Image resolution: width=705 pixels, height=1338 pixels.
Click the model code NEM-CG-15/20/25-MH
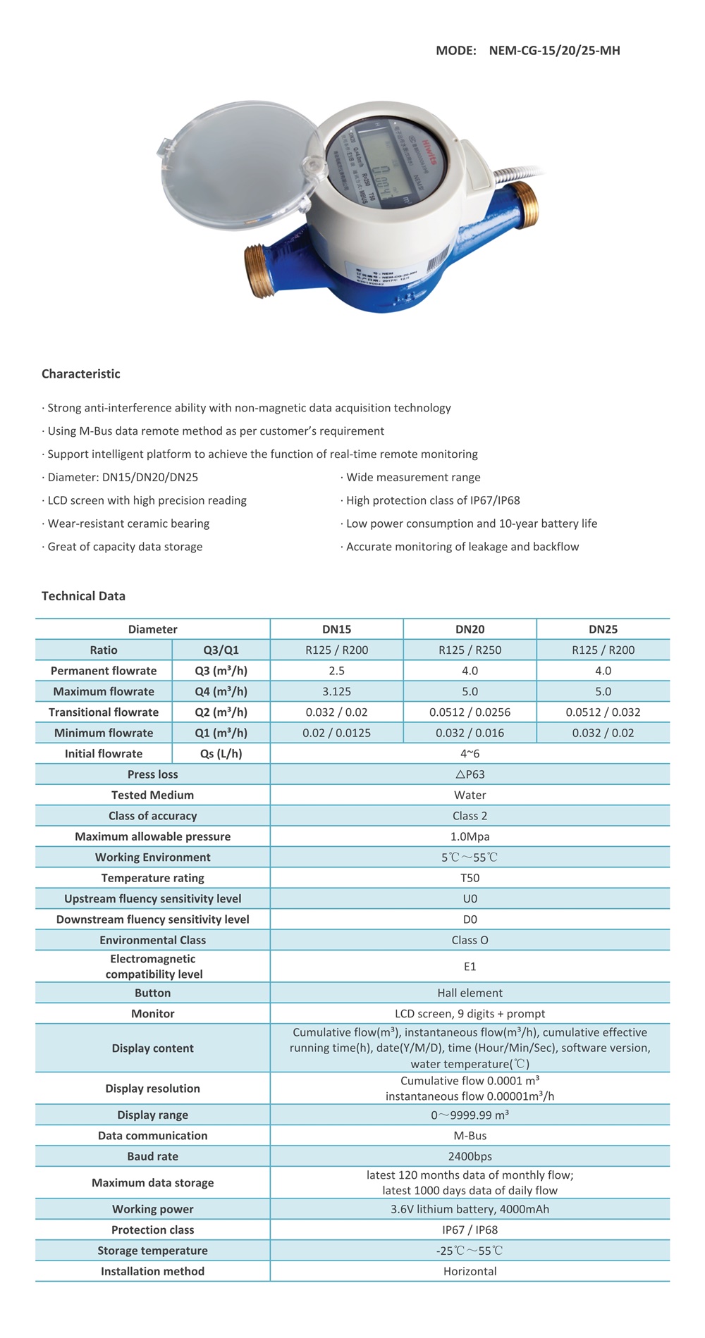pos(554,51)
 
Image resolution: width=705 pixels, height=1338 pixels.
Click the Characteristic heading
pos(81,374)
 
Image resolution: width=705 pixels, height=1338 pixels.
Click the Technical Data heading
pos(83,596)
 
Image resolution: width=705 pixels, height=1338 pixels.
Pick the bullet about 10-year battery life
pos(471,524)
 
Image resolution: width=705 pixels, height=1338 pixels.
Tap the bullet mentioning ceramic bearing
pos(128,524)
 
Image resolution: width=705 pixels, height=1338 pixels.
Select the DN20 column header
pos(470,629)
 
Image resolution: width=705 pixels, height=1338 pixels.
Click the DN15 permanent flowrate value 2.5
pos(336,671)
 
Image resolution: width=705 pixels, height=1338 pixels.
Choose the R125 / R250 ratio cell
pos(470,650)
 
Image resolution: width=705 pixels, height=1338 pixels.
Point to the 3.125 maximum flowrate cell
pos(336,691)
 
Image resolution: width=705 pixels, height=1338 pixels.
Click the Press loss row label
pos(152,774)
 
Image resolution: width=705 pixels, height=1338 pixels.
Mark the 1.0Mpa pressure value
pos(470,836)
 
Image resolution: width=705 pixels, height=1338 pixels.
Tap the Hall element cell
pos(470,993)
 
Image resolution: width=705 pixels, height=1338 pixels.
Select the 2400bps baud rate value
pos(470,1156)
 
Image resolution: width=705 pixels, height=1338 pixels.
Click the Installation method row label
pos(152,1271)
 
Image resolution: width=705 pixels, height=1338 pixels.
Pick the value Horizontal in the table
pos(470,1271)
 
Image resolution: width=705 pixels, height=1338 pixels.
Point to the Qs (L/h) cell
pos(221,754)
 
